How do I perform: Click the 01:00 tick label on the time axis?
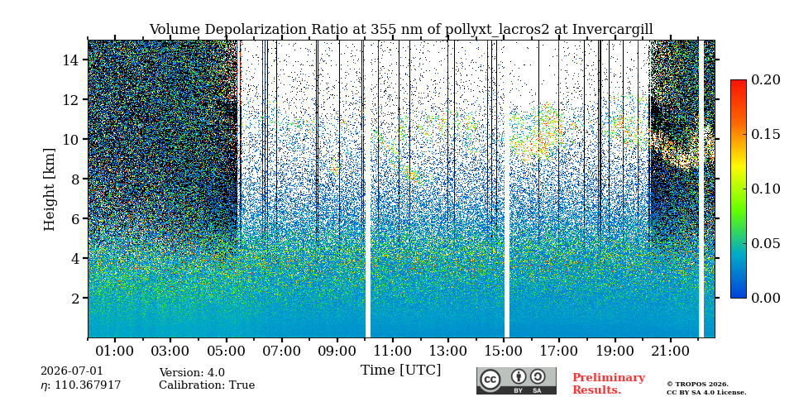116,351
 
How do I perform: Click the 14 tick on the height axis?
69,60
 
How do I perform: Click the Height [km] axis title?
49,189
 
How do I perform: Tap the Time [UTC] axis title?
400,371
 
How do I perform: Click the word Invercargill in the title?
613,30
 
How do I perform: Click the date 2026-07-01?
72,371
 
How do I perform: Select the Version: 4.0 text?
192,373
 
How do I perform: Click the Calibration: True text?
207,385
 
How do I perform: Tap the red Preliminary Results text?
609,384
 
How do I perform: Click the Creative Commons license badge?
516,380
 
